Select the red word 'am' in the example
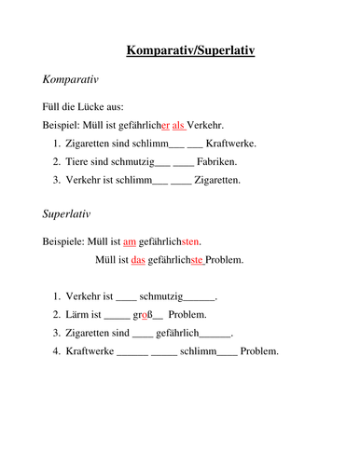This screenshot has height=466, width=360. pos(130,241)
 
